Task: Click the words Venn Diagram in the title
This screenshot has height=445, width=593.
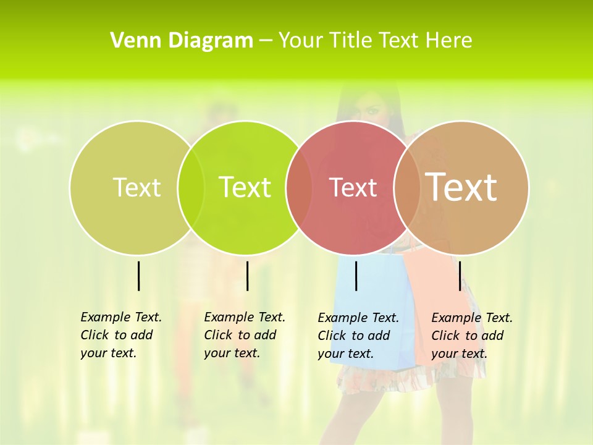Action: click(x=182, y=41)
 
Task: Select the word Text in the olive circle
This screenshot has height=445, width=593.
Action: click(x=137, y=187)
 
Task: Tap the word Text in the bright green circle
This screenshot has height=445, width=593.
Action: click(x=245, y=187)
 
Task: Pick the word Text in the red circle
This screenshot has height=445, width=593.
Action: click(x=353, y=188)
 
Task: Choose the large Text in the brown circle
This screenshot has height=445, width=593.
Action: click(x=461, y=187)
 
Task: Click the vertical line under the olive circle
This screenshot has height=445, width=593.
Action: click(x=138, y=276)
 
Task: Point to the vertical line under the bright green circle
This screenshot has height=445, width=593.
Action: click(x=247, y=276)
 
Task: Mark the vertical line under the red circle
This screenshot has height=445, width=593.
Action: click(x=356, y=276)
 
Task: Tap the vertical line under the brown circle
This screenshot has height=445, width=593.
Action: click(x=460, y=276)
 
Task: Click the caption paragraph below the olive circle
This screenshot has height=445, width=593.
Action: click(x=120, y=335)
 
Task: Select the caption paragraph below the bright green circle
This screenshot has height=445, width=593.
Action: click(x=244, y=335)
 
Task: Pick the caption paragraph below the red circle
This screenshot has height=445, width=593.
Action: click(x=358, y=336)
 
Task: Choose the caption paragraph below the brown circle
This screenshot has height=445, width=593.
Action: click(x=471, y=336)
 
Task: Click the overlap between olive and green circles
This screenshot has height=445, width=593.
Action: click(x=191, y=187)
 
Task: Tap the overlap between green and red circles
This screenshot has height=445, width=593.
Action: click(x=299, y=187)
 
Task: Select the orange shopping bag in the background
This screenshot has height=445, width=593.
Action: click(x=432, y=297)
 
